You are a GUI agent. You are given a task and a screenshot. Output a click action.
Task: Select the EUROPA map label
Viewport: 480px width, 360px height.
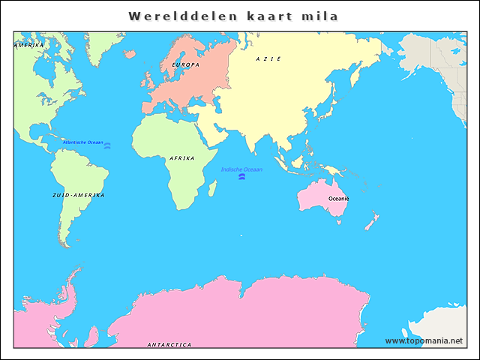point(185,65)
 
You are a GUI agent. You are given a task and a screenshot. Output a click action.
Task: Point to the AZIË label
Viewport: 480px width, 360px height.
point(268,58)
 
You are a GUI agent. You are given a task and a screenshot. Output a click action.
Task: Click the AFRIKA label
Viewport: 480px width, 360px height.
point(182,158)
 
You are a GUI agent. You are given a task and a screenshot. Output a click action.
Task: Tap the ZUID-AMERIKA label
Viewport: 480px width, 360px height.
point(79,195)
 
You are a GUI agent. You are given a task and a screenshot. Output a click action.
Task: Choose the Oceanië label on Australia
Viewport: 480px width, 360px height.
point(338,199)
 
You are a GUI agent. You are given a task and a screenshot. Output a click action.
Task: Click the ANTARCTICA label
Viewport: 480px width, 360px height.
point(169,345)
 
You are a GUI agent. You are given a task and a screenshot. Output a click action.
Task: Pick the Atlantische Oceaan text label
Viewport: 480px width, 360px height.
point(82,142)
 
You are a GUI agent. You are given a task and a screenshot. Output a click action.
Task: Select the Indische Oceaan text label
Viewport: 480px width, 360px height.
point(241,169)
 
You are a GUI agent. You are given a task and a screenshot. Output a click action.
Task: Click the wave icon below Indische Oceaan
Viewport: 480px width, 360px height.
point(241,178)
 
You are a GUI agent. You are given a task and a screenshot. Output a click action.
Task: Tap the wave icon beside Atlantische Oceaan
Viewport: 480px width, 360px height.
point(107,145)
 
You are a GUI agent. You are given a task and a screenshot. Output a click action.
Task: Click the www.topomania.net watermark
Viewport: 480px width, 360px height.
point(424,340)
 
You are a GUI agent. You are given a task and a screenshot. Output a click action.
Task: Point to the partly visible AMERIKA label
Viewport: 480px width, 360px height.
point(29,45)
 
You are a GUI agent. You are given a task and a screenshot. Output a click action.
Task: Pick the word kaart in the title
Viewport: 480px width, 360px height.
point(262,16)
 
